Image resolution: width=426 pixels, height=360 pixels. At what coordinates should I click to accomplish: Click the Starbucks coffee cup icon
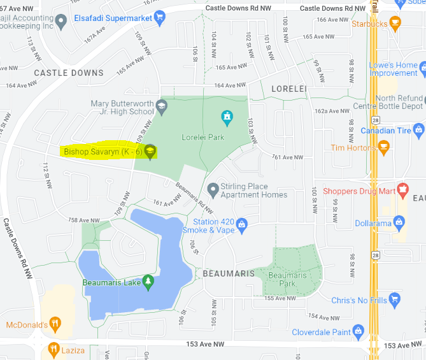(x=395, y=24)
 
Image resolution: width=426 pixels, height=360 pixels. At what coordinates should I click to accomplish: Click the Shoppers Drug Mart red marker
(x=402, y=190)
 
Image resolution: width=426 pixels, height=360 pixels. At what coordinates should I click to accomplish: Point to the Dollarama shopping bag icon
(x=399, y=222)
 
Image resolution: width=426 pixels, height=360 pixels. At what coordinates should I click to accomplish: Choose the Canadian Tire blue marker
(x=418, y=130)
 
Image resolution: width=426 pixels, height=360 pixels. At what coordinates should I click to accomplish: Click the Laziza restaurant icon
(x=53, y=349)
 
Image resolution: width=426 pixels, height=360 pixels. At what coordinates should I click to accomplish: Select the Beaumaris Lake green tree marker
(x=148, y=281)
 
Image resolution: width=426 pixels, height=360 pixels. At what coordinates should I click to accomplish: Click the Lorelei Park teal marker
(x=226, y=117)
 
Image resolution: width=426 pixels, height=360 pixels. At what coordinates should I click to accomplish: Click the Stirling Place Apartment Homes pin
(x=213, y=189)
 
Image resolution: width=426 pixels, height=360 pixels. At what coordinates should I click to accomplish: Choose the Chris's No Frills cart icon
(x=395, y=298)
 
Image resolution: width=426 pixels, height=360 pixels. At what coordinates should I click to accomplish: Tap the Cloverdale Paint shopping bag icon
(x=359, y=331)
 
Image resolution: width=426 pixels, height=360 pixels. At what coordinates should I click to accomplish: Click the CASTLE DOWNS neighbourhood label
(x=68, y=73)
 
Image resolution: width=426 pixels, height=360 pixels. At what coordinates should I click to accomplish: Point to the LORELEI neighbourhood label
(x=290, y=88)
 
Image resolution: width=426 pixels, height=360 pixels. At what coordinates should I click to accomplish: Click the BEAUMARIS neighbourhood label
(x=229, y=273)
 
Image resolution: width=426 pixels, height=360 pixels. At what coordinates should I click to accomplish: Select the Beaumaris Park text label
(x=287, y=278)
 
